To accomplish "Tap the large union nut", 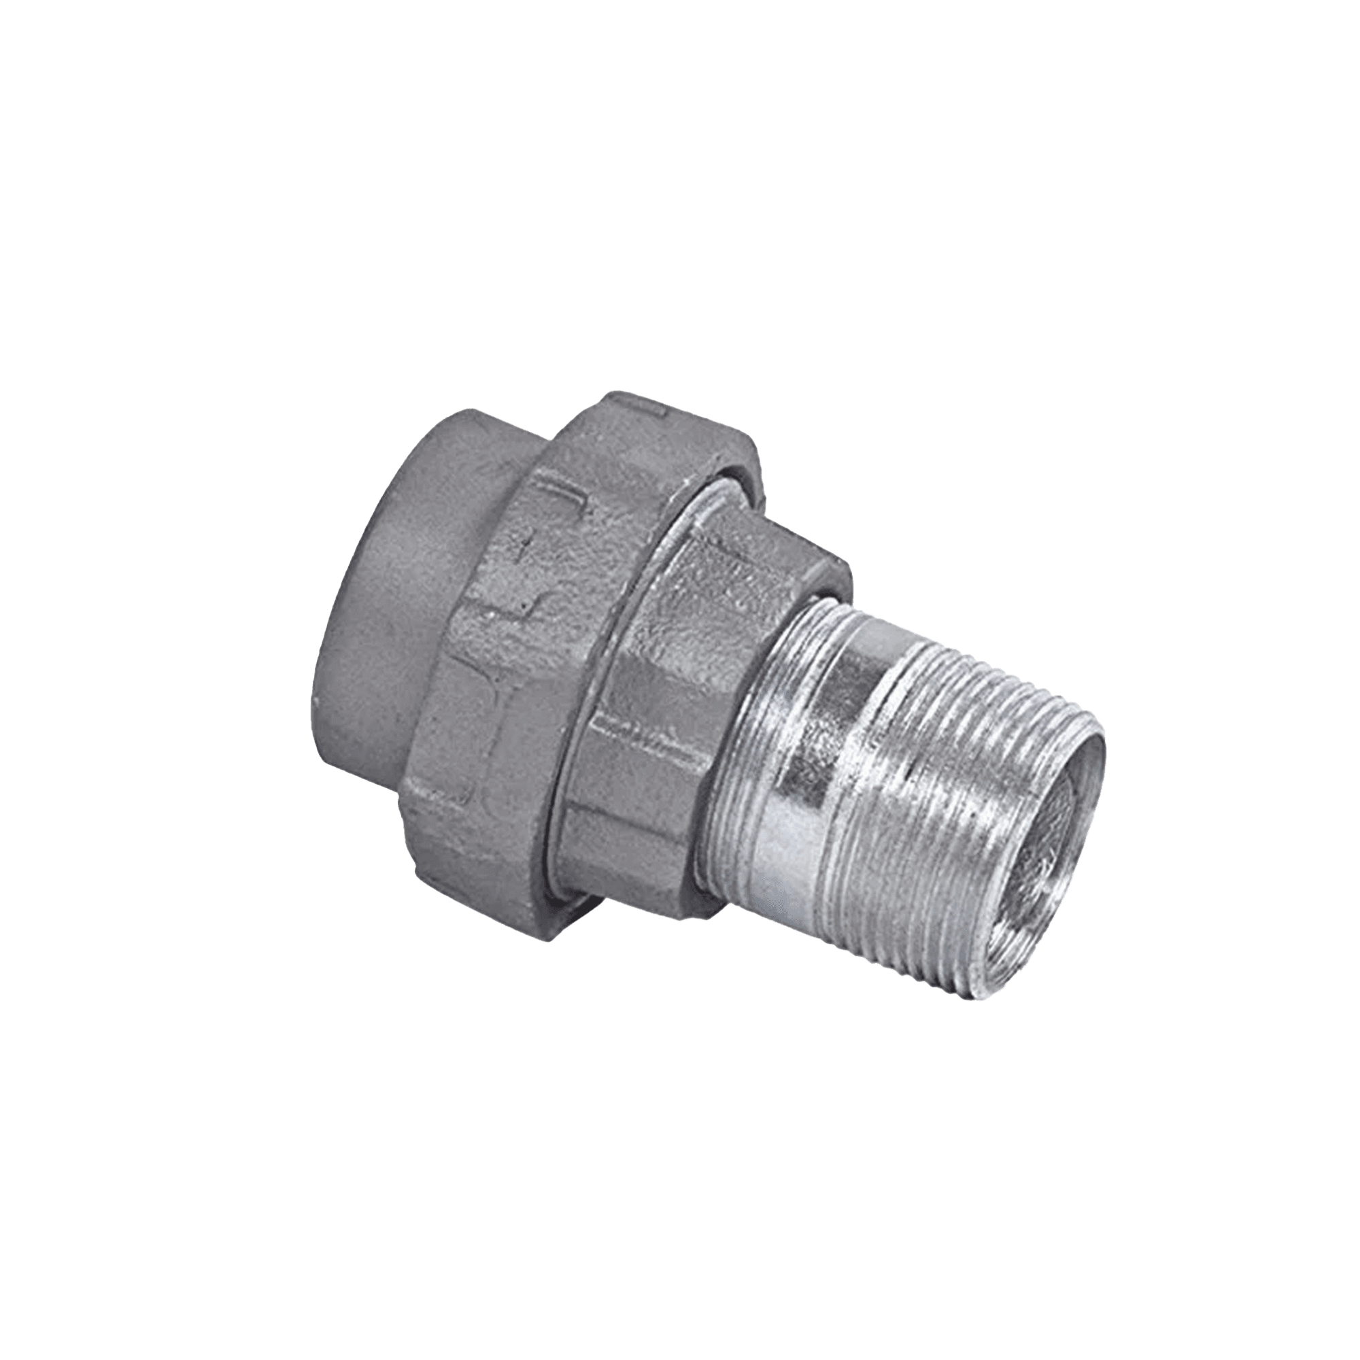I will [x=535, y=634].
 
